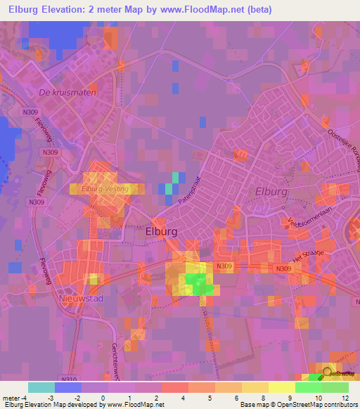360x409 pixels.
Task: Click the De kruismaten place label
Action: coord(68,92)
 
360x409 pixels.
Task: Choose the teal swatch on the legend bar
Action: coord(41,387)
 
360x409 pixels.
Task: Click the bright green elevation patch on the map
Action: coord(199,285)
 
